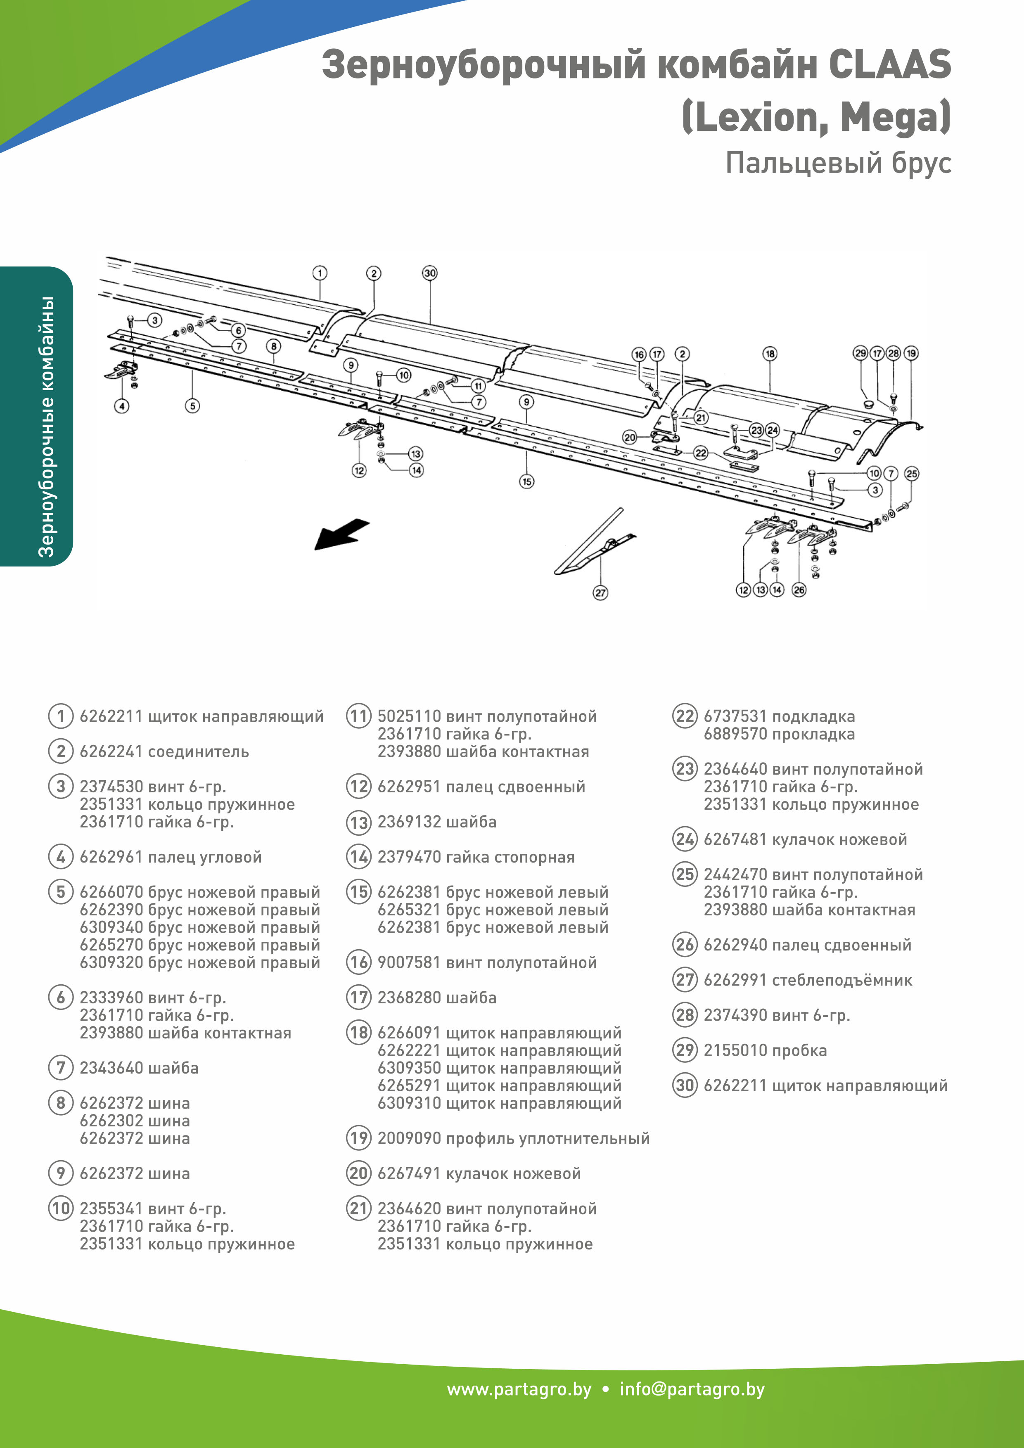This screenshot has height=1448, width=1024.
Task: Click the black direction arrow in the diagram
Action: [342, 533]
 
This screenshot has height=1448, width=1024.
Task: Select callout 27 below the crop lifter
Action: [600, 593]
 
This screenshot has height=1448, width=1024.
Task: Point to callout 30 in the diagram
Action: [429, 273]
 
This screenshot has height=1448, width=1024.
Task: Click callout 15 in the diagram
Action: [526, 482]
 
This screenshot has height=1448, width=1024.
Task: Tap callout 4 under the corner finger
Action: [122, 406]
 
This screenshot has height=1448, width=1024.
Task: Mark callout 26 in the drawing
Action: [799, 590]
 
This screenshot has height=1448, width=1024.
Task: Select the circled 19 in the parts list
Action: [359, 1138]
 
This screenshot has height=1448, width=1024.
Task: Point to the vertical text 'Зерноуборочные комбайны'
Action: [46, 427]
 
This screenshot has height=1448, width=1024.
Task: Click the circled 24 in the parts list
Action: [685, 839]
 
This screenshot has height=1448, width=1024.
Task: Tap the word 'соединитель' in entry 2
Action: [198, 752]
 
